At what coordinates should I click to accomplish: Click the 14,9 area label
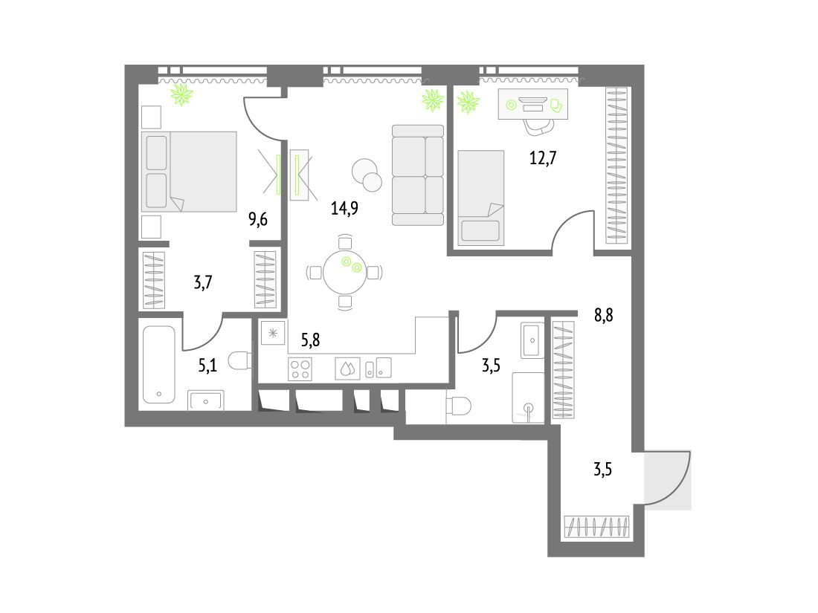[344, 209]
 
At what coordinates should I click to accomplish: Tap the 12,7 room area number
[543, 157]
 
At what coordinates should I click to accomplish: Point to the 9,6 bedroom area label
[258, 219]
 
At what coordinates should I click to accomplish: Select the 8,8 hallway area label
[604, 315]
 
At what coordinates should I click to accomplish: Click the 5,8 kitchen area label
[310, 340]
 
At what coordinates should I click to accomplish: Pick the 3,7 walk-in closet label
[203, 282]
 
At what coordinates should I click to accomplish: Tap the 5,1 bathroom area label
[207, 366]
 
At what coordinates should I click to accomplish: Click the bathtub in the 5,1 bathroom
[159, 364]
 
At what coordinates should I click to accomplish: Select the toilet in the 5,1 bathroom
[240, 360]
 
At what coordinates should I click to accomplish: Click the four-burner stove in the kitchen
[300, 369]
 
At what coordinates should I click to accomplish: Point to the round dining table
[345, 272]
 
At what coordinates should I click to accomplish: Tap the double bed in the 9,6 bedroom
[189, 172]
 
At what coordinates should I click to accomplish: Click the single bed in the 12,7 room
[481, 198]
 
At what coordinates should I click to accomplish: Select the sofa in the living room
[418, 175]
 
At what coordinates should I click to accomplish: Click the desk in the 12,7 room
[532, 104]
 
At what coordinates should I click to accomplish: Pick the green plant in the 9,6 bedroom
[181, 94]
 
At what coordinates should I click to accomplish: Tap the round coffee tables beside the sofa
[367, 175]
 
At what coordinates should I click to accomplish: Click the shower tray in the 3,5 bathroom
[528, 398]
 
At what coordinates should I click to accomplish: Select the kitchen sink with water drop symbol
[347, 369]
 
